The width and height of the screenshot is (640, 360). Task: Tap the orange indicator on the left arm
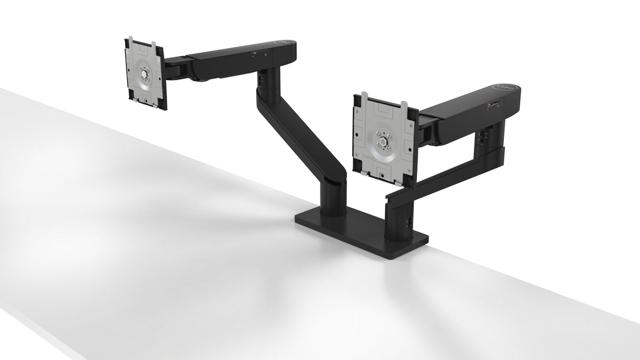click(256, 53)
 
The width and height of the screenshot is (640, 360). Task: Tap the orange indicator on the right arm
click(489, 105)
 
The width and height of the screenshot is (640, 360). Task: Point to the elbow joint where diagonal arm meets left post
click(336, 182)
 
